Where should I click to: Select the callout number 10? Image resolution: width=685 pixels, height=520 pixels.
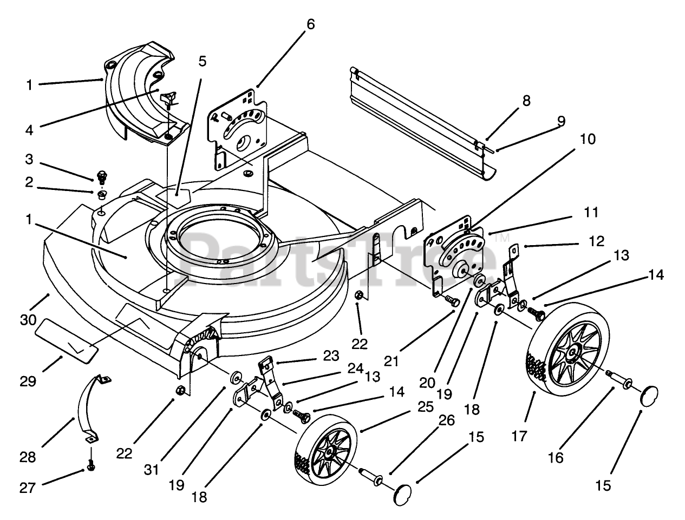[x=587, y=139]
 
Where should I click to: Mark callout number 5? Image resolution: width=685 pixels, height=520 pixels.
[x=202, y=61]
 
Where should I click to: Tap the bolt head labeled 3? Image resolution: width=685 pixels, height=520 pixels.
[x=100, y=176]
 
